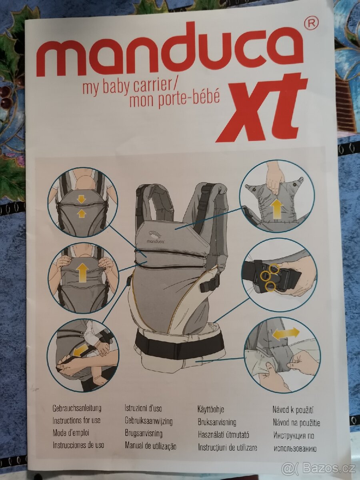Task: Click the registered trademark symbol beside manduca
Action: pyautogui.click(x=311, y=24)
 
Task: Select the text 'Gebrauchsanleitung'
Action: pyautogui.click(x=77, y=408)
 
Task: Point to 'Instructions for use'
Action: pyautogui.click(x=76, y=420)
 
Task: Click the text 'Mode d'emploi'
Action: pyautogui.click(x=71, y=433)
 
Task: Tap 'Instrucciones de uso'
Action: pyautogui.click(x=78, y=445)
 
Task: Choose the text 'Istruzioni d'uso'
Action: pyautogui.click(x=143, y=409)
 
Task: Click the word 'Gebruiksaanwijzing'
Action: pyautogui.click(x=148, y=421)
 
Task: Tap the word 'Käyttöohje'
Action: pyautogui.click(x=211, y=409)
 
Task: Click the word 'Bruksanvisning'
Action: pyautogui.click(x=217, y=422)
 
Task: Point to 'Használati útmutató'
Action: pyautogui.click(x=224, y=434)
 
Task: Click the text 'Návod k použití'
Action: pyautogui.click(x=293, y=410)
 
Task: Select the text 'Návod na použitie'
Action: pyautogui.click(x=296, y=422)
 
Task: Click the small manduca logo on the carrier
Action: pyautogui.click(x=156, y=238)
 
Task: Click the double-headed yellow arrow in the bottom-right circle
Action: pyautogui.click(x=286, y=333)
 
